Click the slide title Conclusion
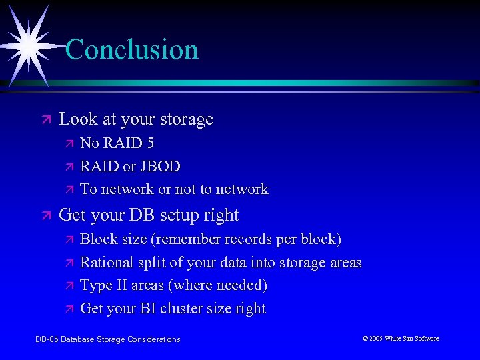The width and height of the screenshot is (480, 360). pos(132,50)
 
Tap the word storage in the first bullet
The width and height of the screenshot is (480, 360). pos(186,120)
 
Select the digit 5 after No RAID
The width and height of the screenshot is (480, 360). pos(150,143)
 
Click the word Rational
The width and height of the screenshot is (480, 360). pos(106,263)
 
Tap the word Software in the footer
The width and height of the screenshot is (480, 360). pos(427,339)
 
